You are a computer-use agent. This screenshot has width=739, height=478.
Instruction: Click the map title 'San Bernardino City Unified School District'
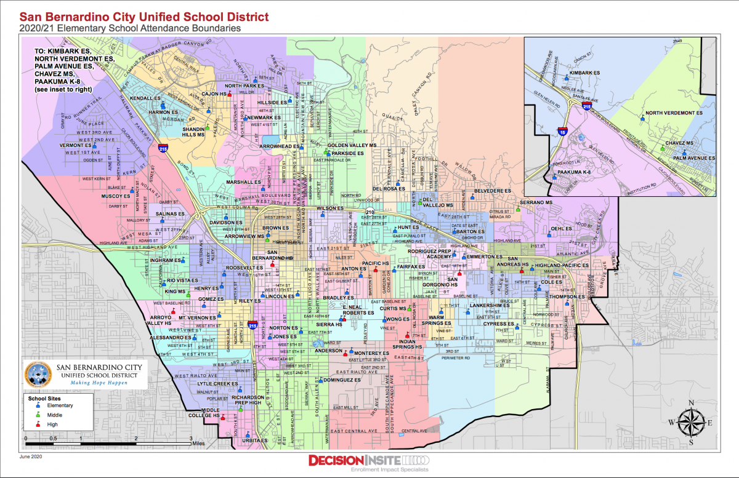click(145, 17)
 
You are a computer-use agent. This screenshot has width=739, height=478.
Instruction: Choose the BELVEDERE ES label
click(495, 191)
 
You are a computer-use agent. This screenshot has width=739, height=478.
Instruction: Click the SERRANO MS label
click(533, 202)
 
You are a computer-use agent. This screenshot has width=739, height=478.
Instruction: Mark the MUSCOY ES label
click(116, 196)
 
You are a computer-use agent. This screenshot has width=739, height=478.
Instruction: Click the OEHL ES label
click(561, 228)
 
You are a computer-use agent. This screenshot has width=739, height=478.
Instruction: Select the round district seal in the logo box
click(37, 374)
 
